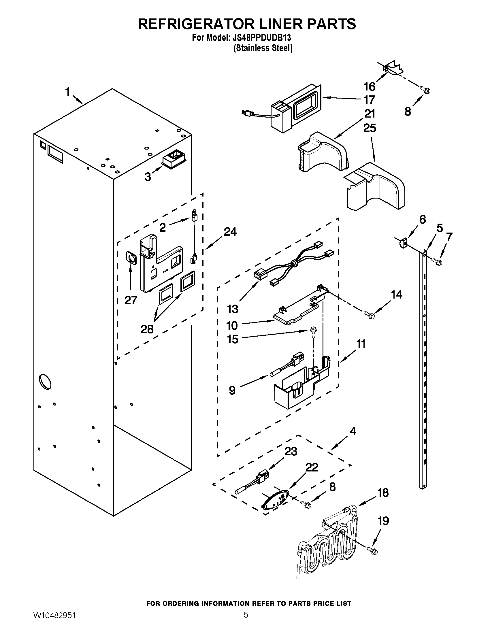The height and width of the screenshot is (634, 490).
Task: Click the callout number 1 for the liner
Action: pos(67,92)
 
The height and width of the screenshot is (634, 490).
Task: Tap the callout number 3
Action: pos(148,176)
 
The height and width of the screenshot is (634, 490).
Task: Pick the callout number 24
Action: pos(230,232)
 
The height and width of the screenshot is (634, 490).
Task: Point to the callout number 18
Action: pos(383,493)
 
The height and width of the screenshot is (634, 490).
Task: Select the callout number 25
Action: pos(370,128)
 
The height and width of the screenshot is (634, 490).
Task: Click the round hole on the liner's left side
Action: pos(46,382)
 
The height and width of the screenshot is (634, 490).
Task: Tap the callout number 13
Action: pos(233,309)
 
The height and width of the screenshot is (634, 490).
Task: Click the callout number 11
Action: pos(361,344)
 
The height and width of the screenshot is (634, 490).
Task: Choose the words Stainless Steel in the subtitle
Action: pos(263,48)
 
